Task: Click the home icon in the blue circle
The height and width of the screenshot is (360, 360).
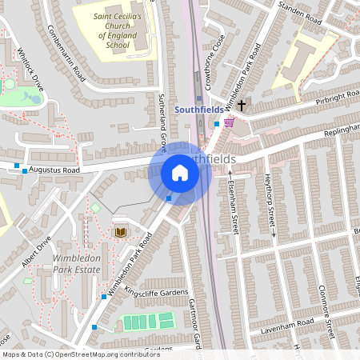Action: pyautogui.click(x=180, y=173)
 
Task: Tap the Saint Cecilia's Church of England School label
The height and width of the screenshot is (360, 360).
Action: pyautogui.click(x=111, y=30)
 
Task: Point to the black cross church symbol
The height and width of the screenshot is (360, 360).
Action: pyautogui.click(x=242, y=105)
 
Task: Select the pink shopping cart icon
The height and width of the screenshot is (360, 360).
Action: pyautogui.click(x=230, y=122)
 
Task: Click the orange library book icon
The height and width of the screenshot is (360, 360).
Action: pyautogui.click(x=121, y=231)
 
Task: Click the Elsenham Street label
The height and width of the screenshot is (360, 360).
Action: pyautogui.click(x=234, y=206)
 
